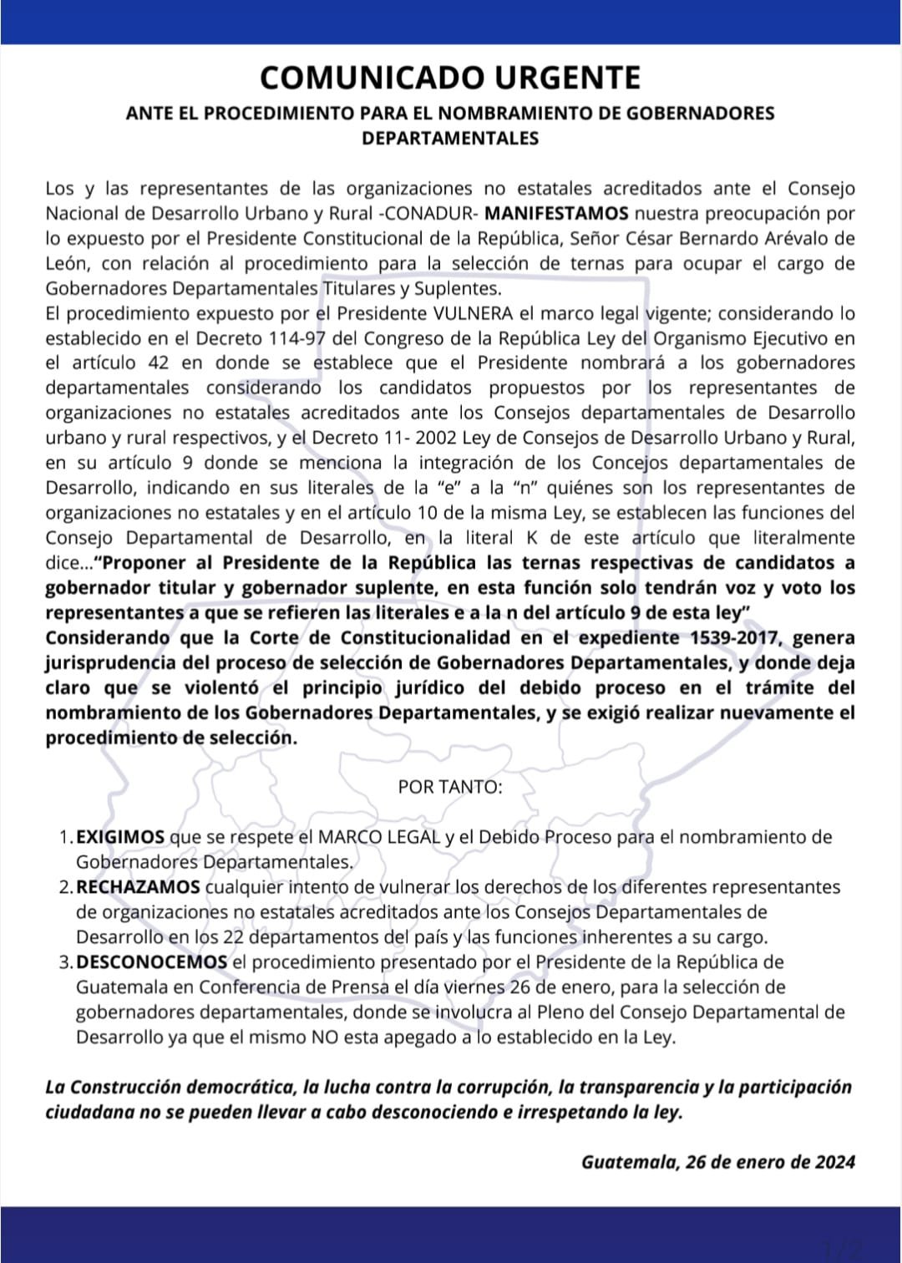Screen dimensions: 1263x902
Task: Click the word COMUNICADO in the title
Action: click(372, 78)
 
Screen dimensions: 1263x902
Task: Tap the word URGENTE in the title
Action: click(568, 78)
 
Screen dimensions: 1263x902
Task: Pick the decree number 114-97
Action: click(299, 339)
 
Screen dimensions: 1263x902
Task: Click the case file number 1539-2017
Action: click(736, 638)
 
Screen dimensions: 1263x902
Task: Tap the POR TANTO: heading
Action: click(450, 787)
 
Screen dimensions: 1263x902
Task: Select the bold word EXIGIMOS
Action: click(120, 837)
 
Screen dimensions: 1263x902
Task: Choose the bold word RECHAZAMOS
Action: click(138, 887)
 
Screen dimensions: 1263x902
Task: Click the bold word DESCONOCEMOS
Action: click(151, 962)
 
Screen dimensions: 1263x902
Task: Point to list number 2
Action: click(65, 887)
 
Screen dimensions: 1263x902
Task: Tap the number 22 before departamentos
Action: click(234, 937)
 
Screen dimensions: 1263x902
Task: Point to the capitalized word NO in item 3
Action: click(325, 1037)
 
